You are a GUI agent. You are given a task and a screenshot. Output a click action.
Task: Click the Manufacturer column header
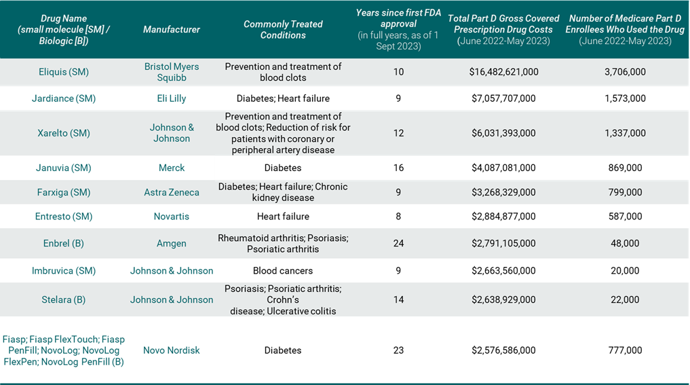(x=171, y=29)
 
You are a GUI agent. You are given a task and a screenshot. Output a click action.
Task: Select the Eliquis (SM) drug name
(x=63, y=72)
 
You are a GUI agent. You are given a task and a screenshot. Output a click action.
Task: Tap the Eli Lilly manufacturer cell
(x=171, y=98)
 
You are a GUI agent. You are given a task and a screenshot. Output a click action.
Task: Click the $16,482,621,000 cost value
(x=503, y=72)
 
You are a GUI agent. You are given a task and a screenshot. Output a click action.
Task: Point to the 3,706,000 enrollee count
(x=625, y=72)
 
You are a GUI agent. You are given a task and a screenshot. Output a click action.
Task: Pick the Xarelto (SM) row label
(x=63, y=133)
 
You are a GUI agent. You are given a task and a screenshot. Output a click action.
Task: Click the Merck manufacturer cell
(x=171, y=168)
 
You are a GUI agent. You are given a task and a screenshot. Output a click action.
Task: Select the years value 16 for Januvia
(x=398, y=168)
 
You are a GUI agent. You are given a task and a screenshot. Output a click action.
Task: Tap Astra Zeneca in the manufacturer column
(x=171, y=192)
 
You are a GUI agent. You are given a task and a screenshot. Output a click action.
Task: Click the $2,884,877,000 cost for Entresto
(x=503, y=217)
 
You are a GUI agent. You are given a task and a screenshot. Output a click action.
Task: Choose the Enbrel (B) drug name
(x=63, y=243)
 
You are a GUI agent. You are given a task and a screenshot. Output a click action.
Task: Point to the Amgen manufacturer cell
(x=171, y=243)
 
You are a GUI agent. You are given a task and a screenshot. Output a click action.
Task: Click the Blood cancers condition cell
(x=282, y=270)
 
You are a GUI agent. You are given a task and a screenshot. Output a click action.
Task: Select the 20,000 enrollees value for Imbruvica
(x=625, y=270)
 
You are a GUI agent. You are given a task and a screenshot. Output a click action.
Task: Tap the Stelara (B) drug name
(x=63, y=299)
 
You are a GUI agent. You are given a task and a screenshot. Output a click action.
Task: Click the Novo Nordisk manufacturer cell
(x=171, y=350)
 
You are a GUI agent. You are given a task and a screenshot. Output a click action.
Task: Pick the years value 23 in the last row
(x=398, y=350)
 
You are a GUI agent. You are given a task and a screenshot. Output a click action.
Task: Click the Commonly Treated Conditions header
(x=282, y=29)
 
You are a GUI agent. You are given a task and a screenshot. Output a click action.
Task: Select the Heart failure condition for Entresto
(x=282, y=217)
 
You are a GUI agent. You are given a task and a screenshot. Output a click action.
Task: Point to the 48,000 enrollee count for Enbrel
(x=625, y=243)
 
